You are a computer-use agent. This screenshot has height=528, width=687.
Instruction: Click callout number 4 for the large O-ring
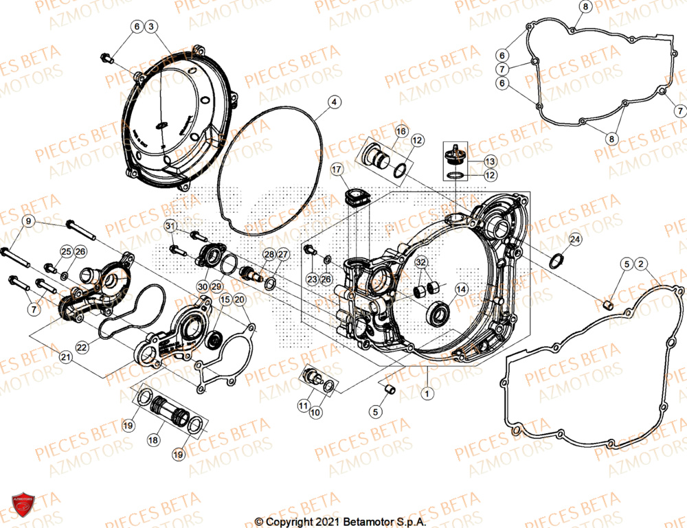click(333, 102)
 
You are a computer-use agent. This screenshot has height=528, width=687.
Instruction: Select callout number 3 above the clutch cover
click(152, 27)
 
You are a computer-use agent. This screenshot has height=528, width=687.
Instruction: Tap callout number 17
click(337, 169)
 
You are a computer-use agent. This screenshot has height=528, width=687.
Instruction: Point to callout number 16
click(401, 130)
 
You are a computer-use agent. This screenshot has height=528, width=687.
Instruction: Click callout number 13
click(489, 161)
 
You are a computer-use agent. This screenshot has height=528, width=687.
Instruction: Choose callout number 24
click(575, 240)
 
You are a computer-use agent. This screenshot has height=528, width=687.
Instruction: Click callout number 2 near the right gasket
click(641, 264)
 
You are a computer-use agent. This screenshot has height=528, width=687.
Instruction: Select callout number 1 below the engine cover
click(427, 394)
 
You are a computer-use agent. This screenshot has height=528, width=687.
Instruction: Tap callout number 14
click(461, 290)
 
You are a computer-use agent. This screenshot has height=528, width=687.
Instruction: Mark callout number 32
click(421, 262)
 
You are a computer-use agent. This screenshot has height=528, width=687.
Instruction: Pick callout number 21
click(66, 356)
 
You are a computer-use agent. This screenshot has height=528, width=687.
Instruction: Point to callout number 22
click(82, 348)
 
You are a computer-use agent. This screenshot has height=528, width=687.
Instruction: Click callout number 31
click(170, 226)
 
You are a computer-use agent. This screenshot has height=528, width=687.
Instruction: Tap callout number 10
click(315, 413)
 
